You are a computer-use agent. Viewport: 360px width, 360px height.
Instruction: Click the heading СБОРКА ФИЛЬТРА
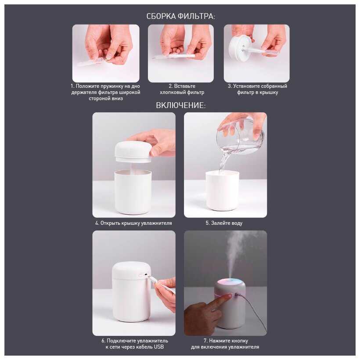tap(181, 17)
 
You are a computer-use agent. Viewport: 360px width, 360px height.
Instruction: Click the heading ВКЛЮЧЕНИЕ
tap(181, 105)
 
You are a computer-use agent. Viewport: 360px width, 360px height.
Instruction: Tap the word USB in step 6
tap(159, 347)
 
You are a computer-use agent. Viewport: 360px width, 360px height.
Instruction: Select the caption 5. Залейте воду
tap(224, 223)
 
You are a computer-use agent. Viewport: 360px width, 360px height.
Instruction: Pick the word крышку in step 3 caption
tap(270, 92)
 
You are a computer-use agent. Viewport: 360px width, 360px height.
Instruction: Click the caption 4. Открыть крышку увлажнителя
tap(133, 223)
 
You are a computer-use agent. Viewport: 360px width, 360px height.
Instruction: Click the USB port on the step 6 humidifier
tap(146, 274)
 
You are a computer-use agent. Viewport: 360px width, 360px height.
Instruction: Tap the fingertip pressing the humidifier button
tap(228, 297)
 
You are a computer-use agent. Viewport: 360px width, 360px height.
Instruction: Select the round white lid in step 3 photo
tap(239, 46)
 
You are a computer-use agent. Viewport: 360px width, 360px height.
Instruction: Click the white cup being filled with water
tap(222, 191)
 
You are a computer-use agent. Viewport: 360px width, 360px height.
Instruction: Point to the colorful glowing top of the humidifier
tap(230, 283)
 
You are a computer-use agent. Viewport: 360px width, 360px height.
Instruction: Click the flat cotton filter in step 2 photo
tap(173, 56)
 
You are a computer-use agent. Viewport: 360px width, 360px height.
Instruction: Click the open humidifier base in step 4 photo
tap(133, 192)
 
